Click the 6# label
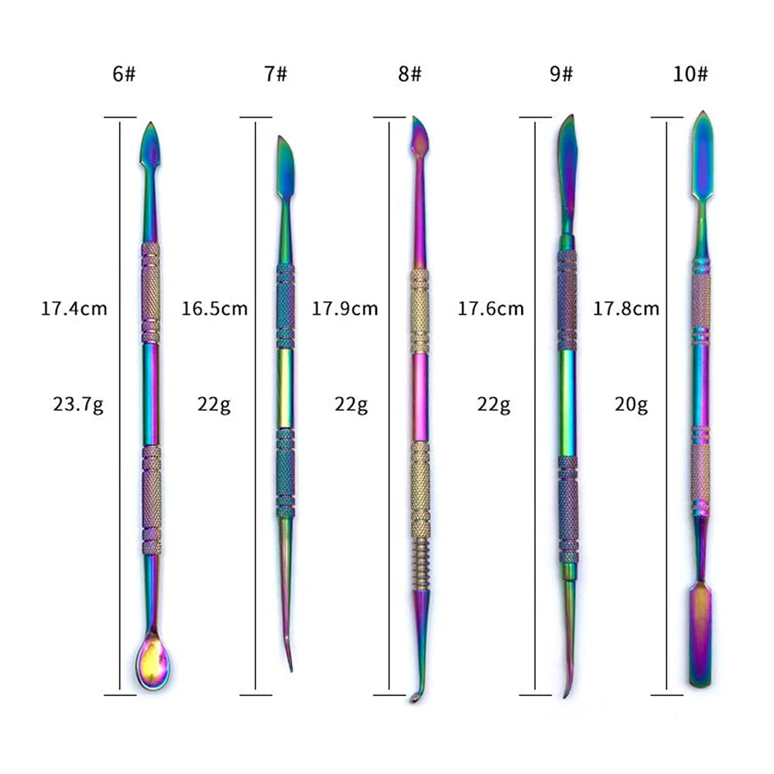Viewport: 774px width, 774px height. click(124, 74)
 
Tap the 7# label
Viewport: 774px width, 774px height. click(276, 74)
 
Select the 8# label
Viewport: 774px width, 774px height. click(409, 74)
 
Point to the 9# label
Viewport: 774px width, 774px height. click(561, 74)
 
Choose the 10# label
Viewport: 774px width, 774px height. click(690, 74)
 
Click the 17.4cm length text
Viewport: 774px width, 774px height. click(74, 309)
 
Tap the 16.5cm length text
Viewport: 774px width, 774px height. click(214, 309)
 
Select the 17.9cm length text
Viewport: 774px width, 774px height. click(344, 309)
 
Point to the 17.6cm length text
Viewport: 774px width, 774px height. click(491, 309)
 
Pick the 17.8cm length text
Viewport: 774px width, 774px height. click(626, 309)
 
